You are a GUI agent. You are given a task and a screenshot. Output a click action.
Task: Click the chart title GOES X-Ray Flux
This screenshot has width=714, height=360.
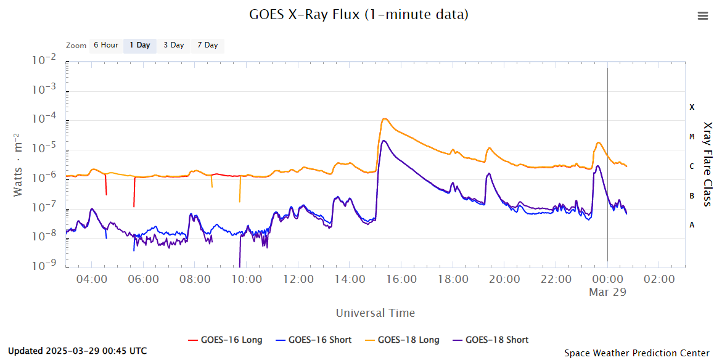point(358,14)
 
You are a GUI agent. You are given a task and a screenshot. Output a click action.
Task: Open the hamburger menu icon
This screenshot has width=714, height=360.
point(702,16)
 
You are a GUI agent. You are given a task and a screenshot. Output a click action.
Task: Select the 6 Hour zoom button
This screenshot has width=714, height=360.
point(105,45)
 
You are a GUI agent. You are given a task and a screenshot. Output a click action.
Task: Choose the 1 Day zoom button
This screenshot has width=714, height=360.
point(139,45)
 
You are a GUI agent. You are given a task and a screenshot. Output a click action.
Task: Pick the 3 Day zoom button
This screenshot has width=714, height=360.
point(173,45)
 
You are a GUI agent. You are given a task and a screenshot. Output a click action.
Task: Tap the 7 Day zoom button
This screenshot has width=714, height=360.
point(207,45)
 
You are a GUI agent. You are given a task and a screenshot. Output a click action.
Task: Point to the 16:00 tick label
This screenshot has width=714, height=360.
point(401,279)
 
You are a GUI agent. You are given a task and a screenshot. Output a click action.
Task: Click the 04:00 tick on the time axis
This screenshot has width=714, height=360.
point(92,279)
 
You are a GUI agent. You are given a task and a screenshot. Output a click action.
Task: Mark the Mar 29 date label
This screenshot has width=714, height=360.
point(607,292)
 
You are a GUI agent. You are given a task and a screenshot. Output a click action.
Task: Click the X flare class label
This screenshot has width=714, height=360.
point(692,107)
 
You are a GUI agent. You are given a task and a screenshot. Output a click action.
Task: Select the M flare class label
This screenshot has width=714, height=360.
point(692,137)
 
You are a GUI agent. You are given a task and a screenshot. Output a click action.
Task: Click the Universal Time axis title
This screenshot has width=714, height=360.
point(375,313)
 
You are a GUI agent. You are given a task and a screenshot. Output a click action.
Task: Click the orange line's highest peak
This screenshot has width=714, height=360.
point(384,118)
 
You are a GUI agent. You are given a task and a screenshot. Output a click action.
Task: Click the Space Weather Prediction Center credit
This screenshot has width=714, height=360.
point(636,353)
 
